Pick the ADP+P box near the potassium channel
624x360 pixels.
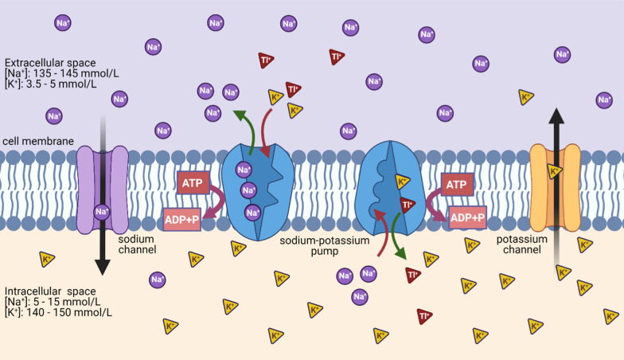click(467, 217)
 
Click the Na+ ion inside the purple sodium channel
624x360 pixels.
click(102, 212)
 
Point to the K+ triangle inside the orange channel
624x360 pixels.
click(555, 171)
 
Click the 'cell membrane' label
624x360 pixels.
click(38, 141)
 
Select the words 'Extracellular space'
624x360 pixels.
click(51, 63)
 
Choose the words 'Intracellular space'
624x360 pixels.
click(51, 291)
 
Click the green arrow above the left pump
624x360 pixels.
click(242, 127)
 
